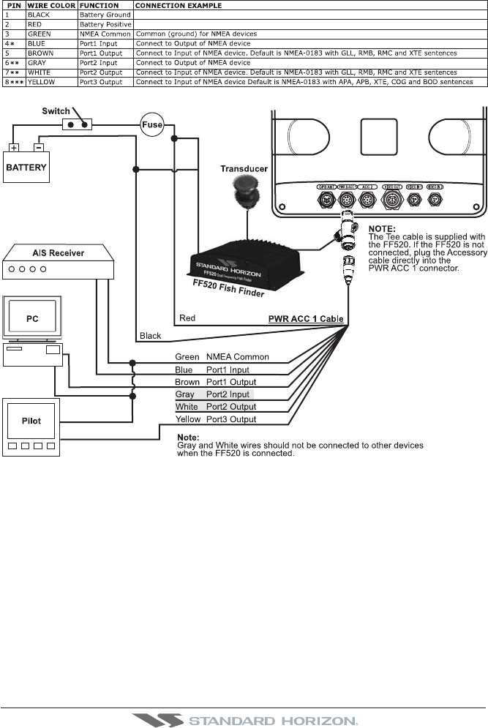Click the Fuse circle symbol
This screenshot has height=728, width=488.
coord(151,124)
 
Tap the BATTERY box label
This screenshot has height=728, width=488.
coord(26,167)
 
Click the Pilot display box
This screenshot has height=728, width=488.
coord(31,421)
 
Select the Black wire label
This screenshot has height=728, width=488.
coord(151,336)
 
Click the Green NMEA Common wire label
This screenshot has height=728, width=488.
coord(222,357)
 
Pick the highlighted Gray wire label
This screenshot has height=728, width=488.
coord(185,394)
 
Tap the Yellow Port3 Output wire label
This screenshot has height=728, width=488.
coord(216,419)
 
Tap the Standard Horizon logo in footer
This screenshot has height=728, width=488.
coord(244,720)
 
